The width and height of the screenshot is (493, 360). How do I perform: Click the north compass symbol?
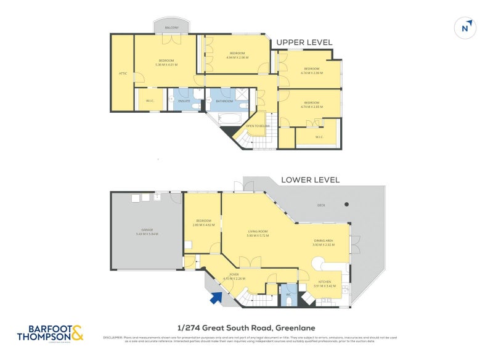pyautogui.click(x=466, y=28)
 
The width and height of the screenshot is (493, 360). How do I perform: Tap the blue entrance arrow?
pyautogui.click(x=215, y=298)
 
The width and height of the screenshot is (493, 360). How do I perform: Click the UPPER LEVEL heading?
pyautogui.click(x=304, y=43)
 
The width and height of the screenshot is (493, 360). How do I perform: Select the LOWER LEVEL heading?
pyautogui.click(x=310, y=180)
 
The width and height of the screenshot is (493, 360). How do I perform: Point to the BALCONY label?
pyautogui.click(x=172, y=28)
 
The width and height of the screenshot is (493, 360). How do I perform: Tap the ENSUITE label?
pyautogui.click(x=184, y=100)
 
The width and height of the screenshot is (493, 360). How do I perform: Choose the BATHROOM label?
pyautogui.click(x=224, y=101)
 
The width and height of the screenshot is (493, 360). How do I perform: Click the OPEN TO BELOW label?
pyautogui.click(x=258, y=126)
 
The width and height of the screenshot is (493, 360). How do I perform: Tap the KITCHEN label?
pyautogui.click(x=322, y=284)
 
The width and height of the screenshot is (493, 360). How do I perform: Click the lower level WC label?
pyautogui.click(x=288, y=295)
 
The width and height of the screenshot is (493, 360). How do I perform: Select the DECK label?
pyautogui.click(x=321, y=205)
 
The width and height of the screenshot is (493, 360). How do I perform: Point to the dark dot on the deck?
pyautogui.click(x=346, y=204)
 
